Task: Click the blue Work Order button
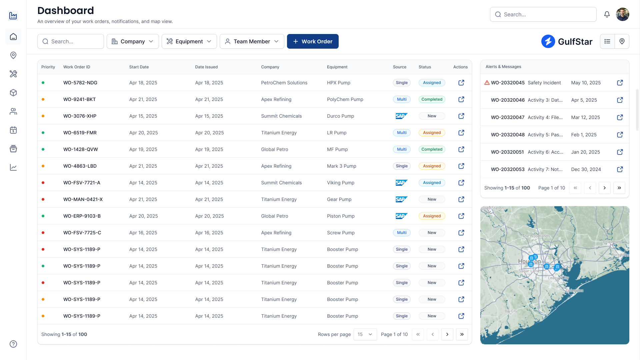(x=312, y=41)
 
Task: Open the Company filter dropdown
(x=133, y=41)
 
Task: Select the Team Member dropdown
(x=252, y=41)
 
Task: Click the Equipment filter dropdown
(x=189, y=41)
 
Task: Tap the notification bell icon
(x=607, y=14)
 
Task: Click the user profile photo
(x=622, y=14)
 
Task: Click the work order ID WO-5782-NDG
(x=80, y=83)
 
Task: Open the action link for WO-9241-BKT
(x=461, y=99)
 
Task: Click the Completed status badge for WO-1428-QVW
(x=432, y=149)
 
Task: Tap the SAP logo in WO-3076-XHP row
(x=401, y=116)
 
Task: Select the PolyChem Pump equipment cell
(x=345, y=99)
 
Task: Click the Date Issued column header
(x=206, y=67)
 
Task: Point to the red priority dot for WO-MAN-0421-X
(x=43, y=199)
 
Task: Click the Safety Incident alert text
(x=544, y=83)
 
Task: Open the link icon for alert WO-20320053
(x=620, y=169)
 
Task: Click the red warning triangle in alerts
(x=487, y=83)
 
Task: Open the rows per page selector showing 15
(x=365, y=334)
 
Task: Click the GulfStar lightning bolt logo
(x=548, y=41)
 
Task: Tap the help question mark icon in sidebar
(x=13, y=344)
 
